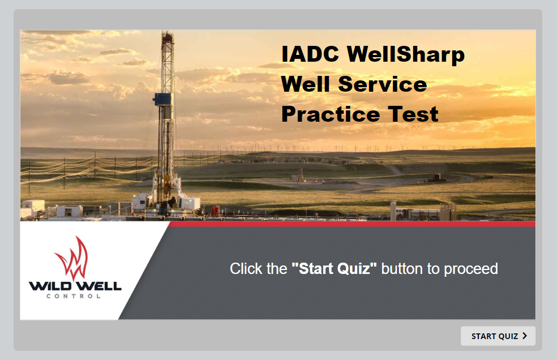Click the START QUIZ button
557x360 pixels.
pyautogui.click(x=498, y=336)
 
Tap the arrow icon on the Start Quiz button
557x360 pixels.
pyautogui.click(x=525, y=336)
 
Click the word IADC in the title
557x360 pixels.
pyautogui.click(x=310, y=54)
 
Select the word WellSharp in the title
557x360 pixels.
pyautogui.click(x=406, y=54)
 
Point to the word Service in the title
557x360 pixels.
pyautogui.click(x=383, y=84)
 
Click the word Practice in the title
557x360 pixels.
pyautogui.click(x=331, y=114)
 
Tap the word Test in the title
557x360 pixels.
pyautogui.click(x=413, y=114)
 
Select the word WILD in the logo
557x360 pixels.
pyautogui.click(x=49, y=286)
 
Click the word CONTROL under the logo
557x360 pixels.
pyautogui.click(x=74, y=296)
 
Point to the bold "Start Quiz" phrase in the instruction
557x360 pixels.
pyautogui.click(x=334, y=269)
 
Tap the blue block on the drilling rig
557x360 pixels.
pyautogui.click(x=163, y=99)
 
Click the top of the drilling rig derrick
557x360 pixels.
pyautogui.click(x=168, y=33)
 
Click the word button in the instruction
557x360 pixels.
pyautogui.click(x=402, y=269)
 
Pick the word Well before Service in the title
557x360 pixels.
pyautogui.click(x=306, y=84)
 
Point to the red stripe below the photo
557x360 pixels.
pyautogui.click(x=352, y=224)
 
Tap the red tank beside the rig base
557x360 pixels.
pyautogui.click(x=215, y=211)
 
